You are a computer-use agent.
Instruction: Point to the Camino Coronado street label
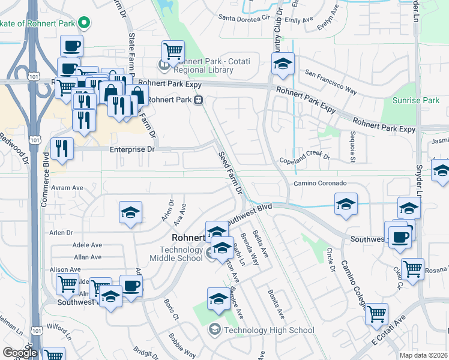pyautogui.click(x=320, y=183)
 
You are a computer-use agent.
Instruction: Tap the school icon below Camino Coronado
pyautogui.click(x=346, y=204)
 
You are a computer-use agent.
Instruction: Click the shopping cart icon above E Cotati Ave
pyautogui.click(x=376, y=314)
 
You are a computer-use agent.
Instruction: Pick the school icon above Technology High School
pyautogui.click(x=218, y=298)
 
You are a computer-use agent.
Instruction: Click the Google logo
pyautogui.click(x=20, y=353)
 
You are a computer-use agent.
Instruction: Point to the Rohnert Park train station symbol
pyautogui.click(x=197, y=100)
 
